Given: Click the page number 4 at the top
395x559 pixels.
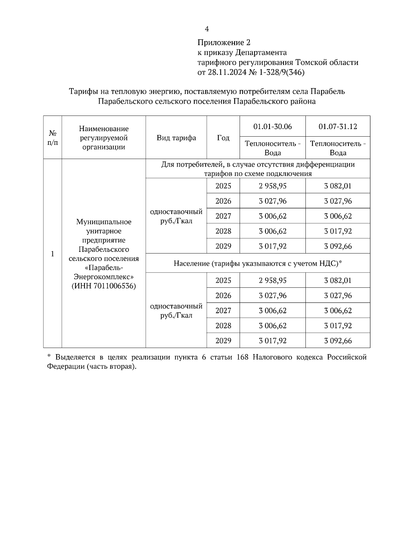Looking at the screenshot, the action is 207,29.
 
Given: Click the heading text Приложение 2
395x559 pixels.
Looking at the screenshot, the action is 224,42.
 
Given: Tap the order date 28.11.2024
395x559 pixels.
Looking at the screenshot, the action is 227,72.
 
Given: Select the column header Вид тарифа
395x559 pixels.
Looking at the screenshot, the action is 176,138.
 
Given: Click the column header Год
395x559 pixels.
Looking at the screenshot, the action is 223,138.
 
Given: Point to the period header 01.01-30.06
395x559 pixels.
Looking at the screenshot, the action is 273,126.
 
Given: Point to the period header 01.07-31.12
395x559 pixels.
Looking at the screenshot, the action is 338,126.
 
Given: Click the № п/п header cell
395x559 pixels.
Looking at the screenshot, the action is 52,138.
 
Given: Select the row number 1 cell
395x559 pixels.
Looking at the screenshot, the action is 52,254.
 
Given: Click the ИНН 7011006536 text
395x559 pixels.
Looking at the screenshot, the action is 104,286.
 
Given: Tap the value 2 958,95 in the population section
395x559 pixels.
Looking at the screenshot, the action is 273,280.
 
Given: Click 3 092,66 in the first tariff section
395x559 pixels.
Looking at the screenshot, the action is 338,246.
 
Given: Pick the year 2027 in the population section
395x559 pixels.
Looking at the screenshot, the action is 223,310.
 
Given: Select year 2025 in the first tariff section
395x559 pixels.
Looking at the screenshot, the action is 223,186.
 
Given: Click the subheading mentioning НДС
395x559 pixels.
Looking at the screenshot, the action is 258,263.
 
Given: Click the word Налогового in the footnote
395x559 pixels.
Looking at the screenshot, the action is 274,357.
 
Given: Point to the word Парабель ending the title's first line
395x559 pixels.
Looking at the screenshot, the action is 328,91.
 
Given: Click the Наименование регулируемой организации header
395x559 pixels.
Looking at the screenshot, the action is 104,138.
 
